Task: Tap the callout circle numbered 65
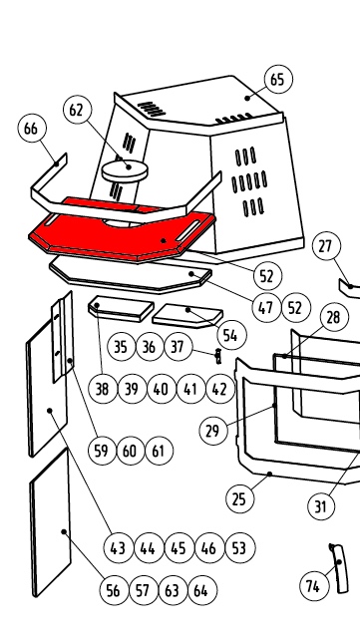pyautogui.click(x=278, y=79)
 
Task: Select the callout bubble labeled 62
pyautogui.click(x=78, y=110)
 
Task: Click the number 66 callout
pyautogui.click(x=32, y=128)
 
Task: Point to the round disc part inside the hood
pyautogui.click(x=125, y=170)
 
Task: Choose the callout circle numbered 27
pyautogui.click(x=326, y=246)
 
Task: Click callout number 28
pyautogui.click(x=335, y=317)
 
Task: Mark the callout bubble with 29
pyautogui.click(x=213, y=431)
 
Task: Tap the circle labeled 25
pyautogui.click(x=239, y=498)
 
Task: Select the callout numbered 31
pyautogui.click(x=321, y=506)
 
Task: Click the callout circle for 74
pyautogui.click(x=314, y=586)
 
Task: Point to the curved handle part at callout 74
pyautogui.click(x=339, y=568)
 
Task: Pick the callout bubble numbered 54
pyautogui.click(x=232, y=335)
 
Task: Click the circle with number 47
pyautogui.click(x=266, y=307)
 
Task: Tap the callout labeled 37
pyautogui.click(x=178, y=347)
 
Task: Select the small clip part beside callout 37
pyautogui.click(x=218, y=356)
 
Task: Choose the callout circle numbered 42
pyautogui.click(x=220, y=389)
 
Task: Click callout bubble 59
pyautogui.click(x=102, y=451)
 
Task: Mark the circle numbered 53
pyautogui.click(x=239, y=548)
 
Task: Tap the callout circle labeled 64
pyautogui.click(x=202, y=590)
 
